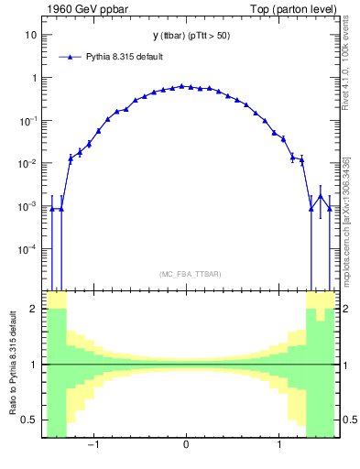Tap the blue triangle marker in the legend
tap(71, 57)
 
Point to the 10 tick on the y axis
tap(29, 35)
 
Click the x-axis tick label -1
tap(92, 446)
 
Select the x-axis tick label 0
tap(186, 446)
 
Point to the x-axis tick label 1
tap(279, 446)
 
